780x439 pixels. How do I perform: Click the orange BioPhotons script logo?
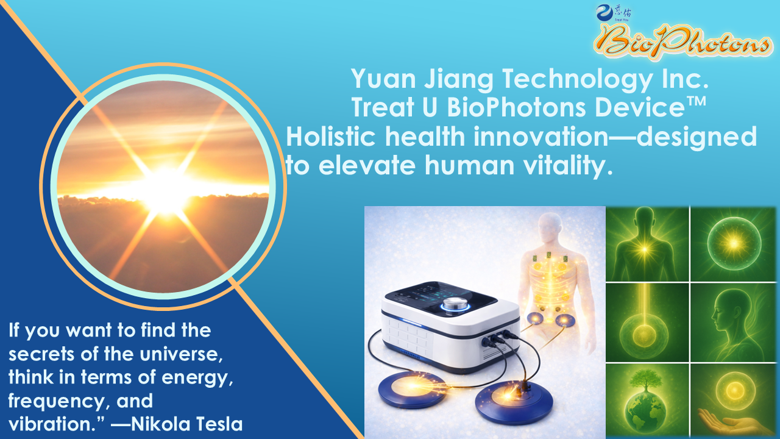(x=682, y=42)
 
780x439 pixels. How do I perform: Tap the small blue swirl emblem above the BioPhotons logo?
(x=604, y=13)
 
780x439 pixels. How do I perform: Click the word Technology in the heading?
(x=577, y=79)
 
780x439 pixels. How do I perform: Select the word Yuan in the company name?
(x=383, y=79)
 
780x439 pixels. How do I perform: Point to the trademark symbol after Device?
(x=696, y=102)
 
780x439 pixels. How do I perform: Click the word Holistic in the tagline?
(x=331, y=137)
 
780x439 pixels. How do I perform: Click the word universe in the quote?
(x=181, y=354)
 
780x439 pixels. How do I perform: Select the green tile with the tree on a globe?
(x=647, y=401)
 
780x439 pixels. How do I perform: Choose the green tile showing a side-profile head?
(x=733, y=323)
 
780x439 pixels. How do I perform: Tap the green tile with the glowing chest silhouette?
(x=647, y=244)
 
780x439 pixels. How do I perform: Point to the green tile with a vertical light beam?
(x=647, y=323)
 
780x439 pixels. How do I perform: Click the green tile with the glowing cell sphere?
(x=733, y=244)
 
